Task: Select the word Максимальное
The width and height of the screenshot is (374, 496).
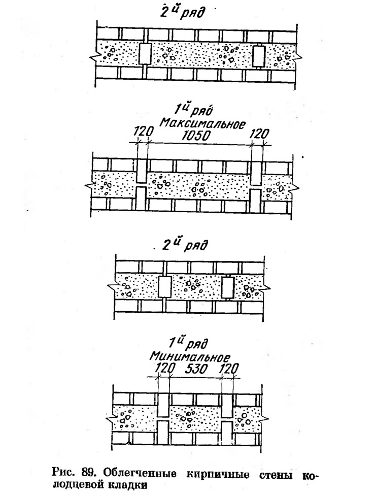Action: click(202, 123)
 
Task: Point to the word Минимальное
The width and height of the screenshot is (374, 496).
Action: click(189, 357)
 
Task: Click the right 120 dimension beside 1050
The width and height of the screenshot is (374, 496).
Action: click(259, 134)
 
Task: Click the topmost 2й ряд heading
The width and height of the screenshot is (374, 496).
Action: click(182, 12)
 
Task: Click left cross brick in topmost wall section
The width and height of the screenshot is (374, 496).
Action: click(145, 54)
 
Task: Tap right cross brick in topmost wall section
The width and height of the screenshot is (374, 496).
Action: click(259, 56)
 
